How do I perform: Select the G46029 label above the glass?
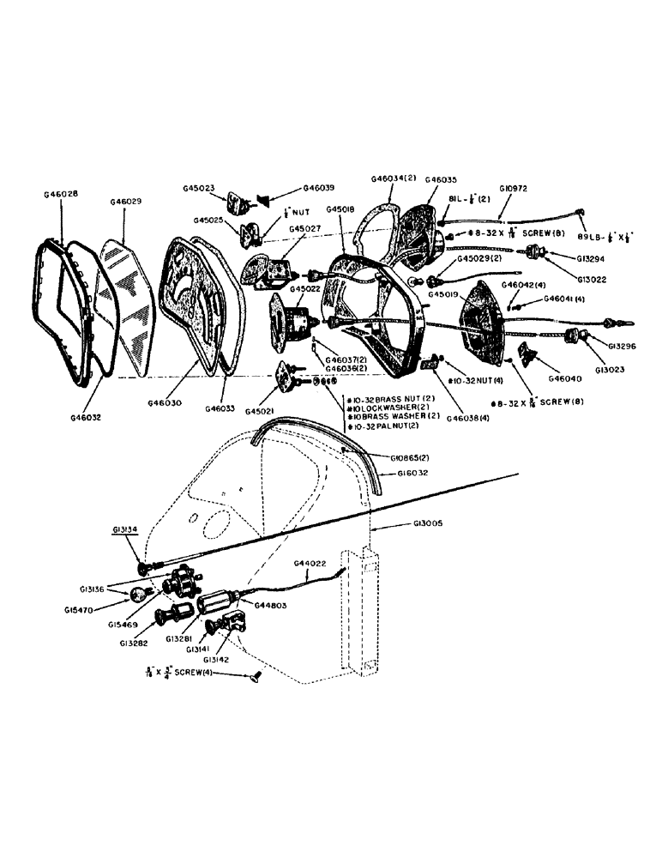click(x=126, y=201)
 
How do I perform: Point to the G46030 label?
click(x=165, y=402)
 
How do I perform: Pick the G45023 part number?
click(x=199, y=189)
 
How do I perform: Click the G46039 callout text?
click(x=318, y=188)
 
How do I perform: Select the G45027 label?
click(x=305, y=229)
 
